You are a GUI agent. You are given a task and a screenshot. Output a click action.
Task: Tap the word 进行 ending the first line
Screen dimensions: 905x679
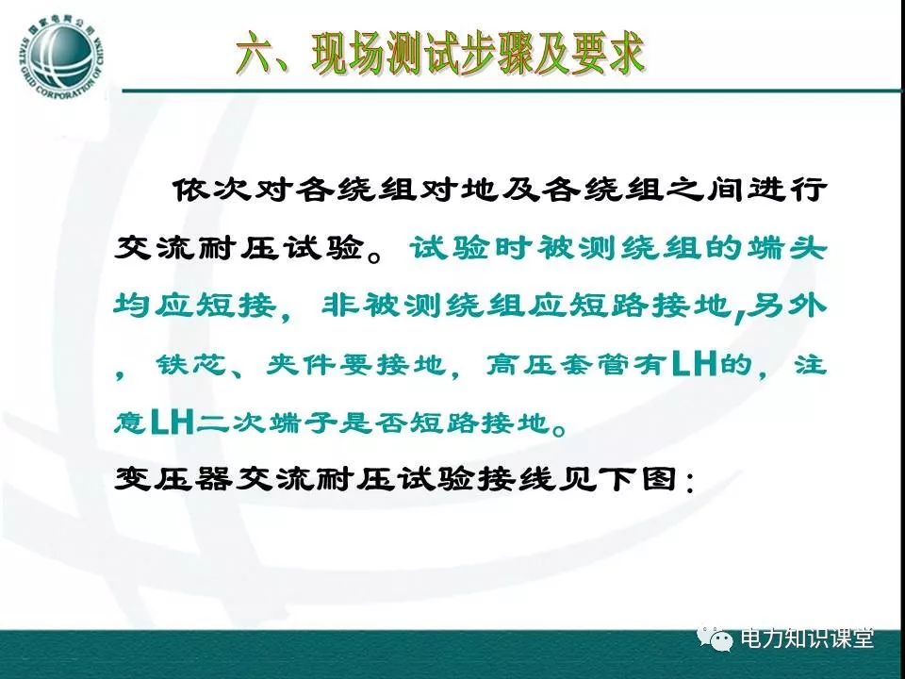pyautogui.click(x=787, y=189)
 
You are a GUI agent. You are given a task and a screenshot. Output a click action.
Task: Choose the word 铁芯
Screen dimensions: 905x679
pyautogui.click(x=190, y=364)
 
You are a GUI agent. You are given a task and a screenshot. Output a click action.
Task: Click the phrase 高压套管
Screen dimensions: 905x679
pyautogui.click(x=557, y=364)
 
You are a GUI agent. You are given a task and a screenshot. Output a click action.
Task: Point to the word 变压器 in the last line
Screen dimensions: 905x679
pyautogui.click(x=173, y=479)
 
